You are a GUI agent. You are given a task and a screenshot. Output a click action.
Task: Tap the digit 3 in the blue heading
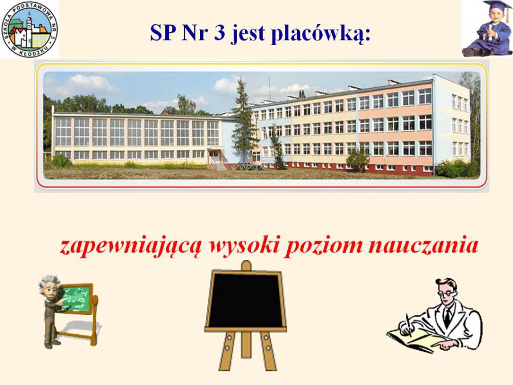(x=219, y=33)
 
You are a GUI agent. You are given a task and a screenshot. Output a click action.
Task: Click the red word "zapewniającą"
(x=129, y=246)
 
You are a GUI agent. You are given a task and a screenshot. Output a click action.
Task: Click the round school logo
(x=30, y=30)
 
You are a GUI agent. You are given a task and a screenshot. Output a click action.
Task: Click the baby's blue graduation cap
(x=496, y=6)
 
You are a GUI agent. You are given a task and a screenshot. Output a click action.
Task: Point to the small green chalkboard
(x=77, y=298)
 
